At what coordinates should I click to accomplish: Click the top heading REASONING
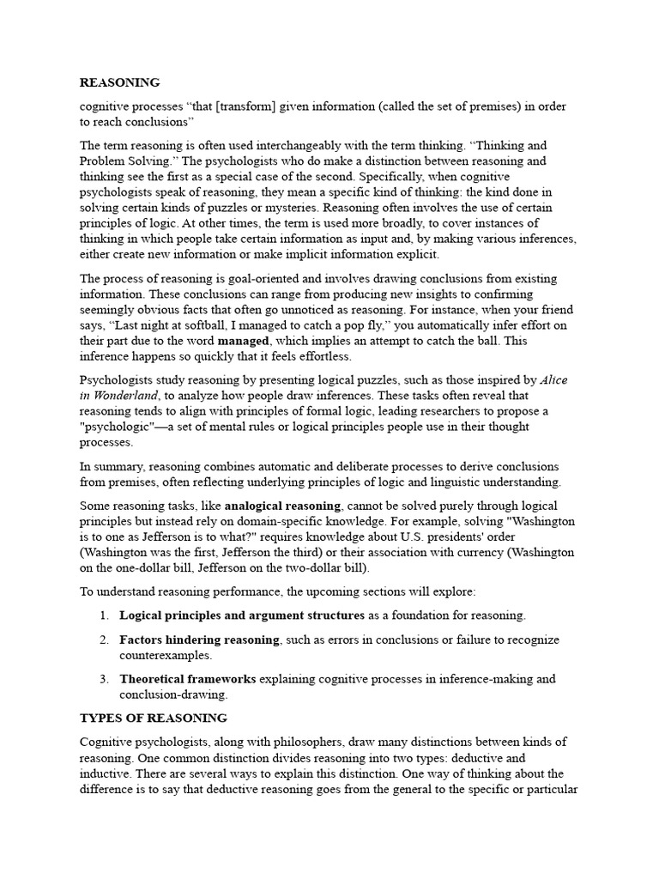click(119, 82)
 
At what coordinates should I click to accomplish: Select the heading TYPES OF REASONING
click(153, 718)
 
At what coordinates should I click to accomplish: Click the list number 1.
click(103, 615)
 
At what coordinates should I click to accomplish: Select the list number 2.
click(103, 640)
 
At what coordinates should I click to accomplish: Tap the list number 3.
click(103, 679)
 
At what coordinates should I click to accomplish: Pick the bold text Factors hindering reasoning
click(199, 640)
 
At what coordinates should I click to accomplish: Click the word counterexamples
click(165, 655)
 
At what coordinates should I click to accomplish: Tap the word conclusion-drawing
click(174, 694)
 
